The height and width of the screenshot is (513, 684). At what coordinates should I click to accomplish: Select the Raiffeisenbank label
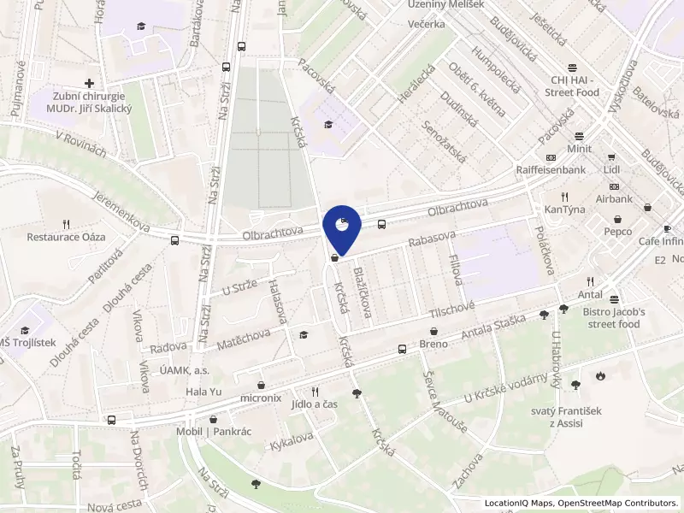coord(551,170)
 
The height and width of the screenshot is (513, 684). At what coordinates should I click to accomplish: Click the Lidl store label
coord(610,170)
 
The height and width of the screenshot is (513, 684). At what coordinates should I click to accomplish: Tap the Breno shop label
coord(433,344)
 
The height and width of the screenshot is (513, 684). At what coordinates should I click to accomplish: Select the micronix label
coord(260,398)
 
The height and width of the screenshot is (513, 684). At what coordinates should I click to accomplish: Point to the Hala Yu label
coord(203,392)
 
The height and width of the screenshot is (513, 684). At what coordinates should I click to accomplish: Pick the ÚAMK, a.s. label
coord(184,370)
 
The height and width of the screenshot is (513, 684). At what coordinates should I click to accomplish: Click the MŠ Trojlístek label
coord(27,343)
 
